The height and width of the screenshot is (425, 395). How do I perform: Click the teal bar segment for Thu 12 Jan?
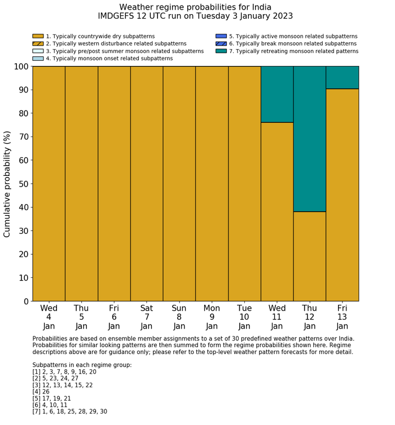coord(309,139)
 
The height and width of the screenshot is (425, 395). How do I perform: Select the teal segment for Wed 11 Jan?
coord(276,94)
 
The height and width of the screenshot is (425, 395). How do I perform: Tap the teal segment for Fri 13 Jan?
coord(342,77)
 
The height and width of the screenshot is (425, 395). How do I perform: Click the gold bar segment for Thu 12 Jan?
coord(309,256)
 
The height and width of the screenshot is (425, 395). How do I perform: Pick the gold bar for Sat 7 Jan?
coord(147,184)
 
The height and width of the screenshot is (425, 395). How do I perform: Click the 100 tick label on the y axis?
coord(20,67)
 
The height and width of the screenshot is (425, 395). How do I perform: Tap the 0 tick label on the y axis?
coord(25,302)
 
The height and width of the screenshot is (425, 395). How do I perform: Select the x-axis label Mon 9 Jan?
coord(212,317)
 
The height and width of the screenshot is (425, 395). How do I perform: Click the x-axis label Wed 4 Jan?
coord(49,317)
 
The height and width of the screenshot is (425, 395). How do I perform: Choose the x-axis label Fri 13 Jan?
coord(342,317)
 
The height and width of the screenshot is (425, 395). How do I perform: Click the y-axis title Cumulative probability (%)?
coord(7,184)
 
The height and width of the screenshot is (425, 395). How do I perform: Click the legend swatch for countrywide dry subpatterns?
coord(38,36)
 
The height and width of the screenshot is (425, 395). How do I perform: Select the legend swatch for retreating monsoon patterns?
coord(221,51)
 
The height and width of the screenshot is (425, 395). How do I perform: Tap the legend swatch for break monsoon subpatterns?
coord(221,43)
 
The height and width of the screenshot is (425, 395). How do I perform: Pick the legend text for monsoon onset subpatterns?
coord(109,58)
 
